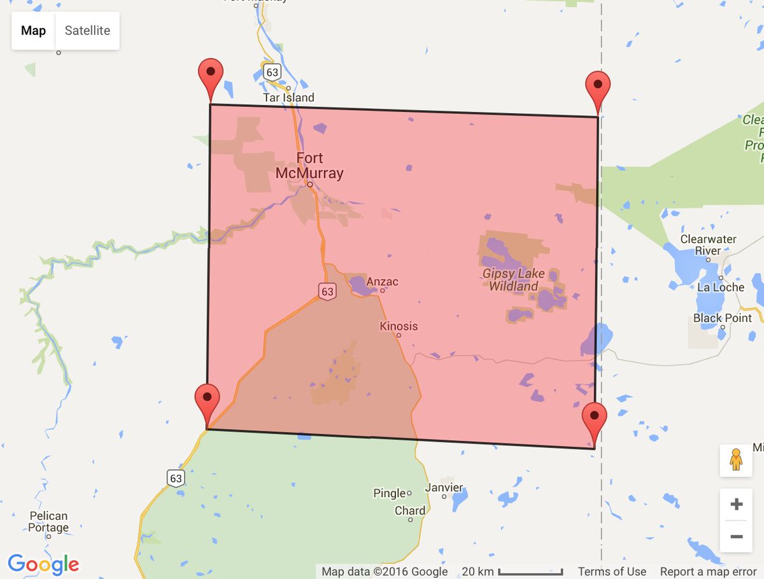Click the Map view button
(33, 31)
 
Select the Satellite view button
(87, 31)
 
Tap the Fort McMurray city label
(309, 165)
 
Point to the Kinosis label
(399, 326)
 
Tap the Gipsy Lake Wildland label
(513, 280)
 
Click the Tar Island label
(288, 97)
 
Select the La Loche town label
(721, 287)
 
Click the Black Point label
(723, 318)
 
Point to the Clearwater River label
(708, 245)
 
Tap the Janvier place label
(444, 487)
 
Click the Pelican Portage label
(48, 522)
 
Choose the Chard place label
(410, 510)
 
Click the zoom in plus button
(736, 505)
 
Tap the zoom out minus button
(736, 536)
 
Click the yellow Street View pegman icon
(736, 460)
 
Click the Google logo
(43, 564)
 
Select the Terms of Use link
(612, 571)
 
